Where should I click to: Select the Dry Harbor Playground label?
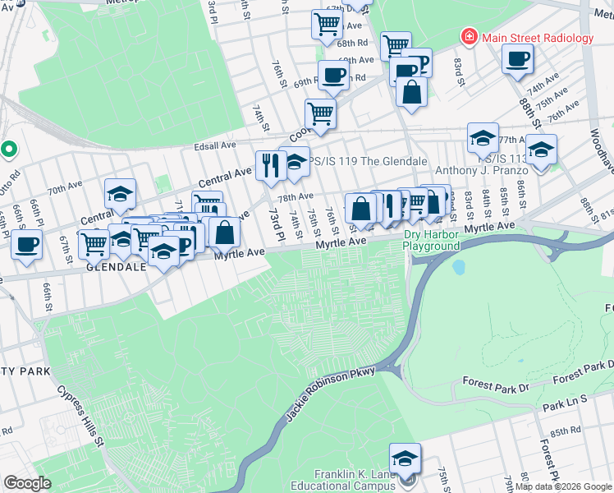coord(431,241)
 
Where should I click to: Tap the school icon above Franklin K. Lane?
coord(405,458)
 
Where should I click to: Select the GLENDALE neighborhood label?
coord(116,268)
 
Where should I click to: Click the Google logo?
coord(27,483)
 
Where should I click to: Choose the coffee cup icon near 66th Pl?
coord(26,245)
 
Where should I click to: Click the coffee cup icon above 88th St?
coord(518,59)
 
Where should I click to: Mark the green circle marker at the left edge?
coord(8,150)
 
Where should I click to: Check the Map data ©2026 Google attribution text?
coord(563,486)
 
